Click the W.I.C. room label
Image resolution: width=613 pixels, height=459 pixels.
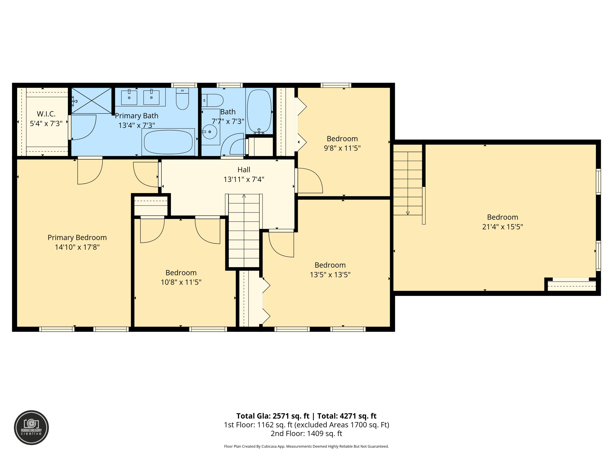click(x=46, y=114)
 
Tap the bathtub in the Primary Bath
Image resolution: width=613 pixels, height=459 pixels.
click(x=168, y=142)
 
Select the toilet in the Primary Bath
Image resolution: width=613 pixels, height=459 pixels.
click(x=182, y=99)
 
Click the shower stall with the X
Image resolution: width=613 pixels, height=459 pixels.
click(x=92, y=101)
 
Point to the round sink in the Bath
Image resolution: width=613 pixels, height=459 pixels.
click(x=210, y=132)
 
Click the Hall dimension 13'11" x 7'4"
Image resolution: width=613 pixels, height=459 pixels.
click(x=244, y=179)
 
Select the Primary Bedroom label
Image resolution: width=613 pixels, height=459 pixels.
click(x=77, y=238)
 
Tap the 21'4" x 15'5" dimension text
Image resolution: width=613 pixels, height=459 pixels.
click(x=502, y=227)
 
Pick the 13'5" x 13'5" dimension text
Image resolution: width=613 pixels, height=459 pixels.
click(x=330, y=275)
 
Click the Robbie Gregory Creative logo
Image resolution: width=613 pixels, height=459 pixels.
click(x=31, y=427)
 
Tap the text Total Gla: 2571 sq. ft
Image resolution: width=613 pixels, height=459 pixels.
click(x=272, y=416)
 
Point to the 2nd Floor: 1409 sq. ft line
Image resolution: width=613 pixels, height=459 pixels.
click(x=306, y=433)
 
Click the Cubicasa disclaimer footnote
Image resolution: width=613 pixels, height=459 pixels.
click(x=306, y=446)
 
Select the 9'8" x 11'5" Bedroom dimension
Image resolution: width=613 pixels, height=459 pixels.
click(x=342, y=148)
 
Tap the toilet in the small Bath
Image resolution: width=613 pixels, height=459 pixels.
click(x=213, y=100)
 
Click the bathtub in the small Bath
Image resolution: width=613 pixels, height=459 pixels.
click(x=259, y=111)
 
